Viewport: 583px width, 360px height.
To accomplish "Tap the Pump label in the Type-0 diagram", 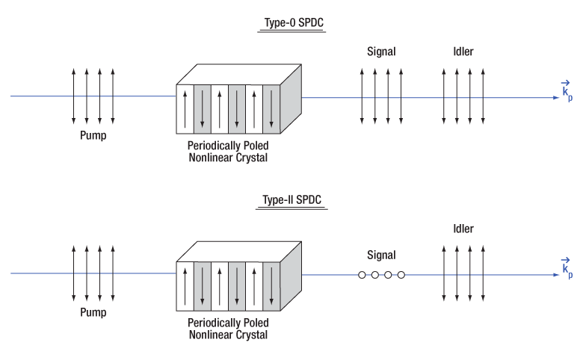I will click(93, 136).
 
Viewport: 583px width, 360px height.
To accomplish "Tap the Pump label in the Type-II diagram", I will click(93, 313).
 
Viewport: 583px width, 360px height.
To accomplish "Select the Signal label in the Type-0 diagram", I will click(381, 52).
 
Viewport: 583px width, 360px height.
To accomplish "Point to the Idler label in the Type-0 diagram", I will click(463, 52).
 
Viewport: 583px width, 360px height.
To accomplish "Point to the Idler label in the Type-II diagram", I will click(463, 229).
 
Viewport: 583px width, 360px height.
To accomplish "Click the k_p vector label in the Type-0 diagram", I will click(567, 90).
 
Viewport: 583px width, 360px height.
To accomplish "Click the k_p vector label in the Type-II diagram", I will click(567, 267).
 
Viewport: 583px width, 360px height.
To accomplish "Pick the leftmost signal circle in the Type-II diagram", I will click(362, 275).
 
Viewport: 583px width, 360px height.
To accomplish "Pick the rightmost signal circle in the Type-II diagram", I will click(401, 275).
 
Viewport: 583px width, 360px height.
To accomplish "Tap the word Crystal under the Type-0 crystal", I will click(250, 158).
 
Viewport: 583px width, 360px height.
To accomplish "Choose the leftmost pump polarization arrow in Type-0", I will click(73, 96).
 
